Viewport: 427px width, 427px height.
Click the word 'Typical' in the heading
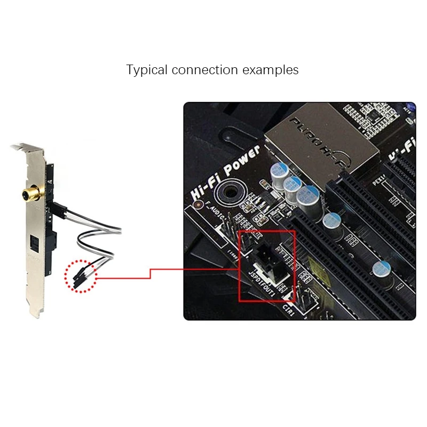click(146, 70)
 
